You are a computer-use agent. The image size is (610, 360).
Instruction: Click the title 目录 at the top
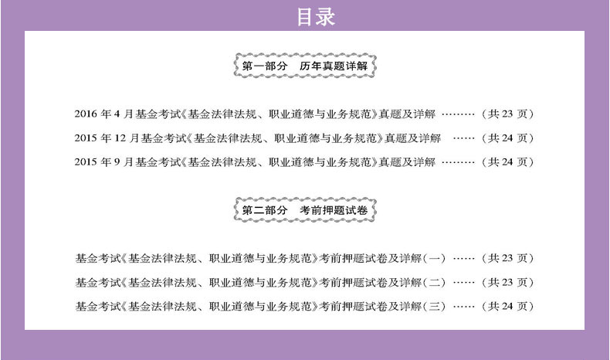coord(317,17)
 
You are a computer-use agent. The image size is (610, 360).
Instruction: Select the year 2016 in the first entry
coord(88,114)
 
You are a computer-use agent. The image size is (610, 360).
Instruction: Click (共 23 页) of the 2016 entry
coord(507,114)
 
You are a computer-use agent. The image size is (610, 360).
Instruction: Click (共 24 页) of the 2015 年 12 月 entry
coord(507,138)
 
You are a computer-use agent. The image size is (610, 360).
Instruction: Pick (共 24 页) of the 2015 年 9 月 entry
coord(507,162)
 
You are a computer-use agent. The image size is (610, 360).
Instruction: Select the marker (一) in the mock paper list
coord(435,258)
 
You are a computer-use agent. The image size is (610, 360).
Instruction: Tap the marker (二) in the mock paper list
coord(435,282)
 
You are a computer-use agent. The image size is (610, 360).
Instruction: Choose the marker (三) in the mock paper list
coord(435,306)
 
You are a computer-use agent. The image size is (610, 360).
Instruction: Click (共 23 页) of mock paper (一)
coord(507,258)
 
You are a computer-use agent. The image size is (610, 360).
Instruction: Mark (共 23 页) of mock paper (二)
coord(507,282)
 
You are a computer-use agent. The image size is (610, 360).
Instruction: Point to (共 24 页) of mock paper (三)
coord(507,306)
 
